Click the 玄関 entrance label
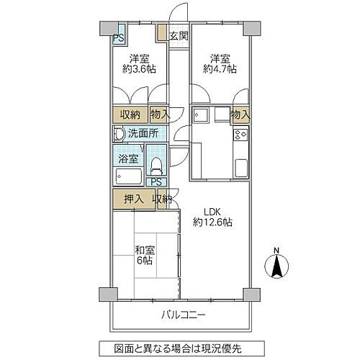coord(179,35)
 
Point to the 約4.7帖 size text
coord(219,69)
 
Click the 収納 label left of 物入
coord(130,114)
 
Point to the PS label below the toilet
coord(156,182)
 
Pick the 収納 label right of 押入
coord(163,199)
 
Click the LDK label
coord(211,211)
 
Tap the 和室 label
coord(145,250)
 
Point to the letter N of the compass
coord(276,251)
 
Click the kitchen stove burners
coord(240,135)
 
